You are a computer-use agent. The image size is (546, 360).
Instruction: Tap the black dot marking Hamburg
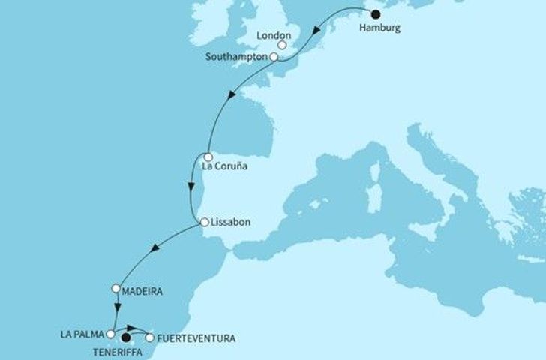point(375,13)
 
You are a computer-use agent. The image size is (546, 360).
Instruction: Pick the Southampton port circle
point(274,57)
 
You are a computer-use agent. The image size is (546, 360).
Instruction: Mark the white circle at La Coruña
point(207,157)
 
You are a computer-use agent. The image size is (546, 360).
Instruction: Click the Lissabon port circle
point(204,222)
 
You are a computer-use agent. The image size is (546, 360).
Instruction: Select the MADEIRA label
point(142,289)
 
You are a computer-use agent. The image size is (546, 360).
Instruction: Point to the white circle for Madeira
point(116,288)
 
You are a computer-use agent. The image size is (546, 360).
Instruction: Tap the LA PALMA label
point(85,334)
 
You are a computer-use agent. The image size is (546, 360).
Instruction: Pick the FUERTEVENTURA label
point(196,339)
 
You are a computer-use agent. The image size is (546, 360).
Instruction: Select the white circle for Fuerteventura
point(150,337)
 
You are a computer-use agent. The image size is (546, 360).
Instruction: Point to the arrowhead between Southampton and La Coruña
point(233,96)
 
